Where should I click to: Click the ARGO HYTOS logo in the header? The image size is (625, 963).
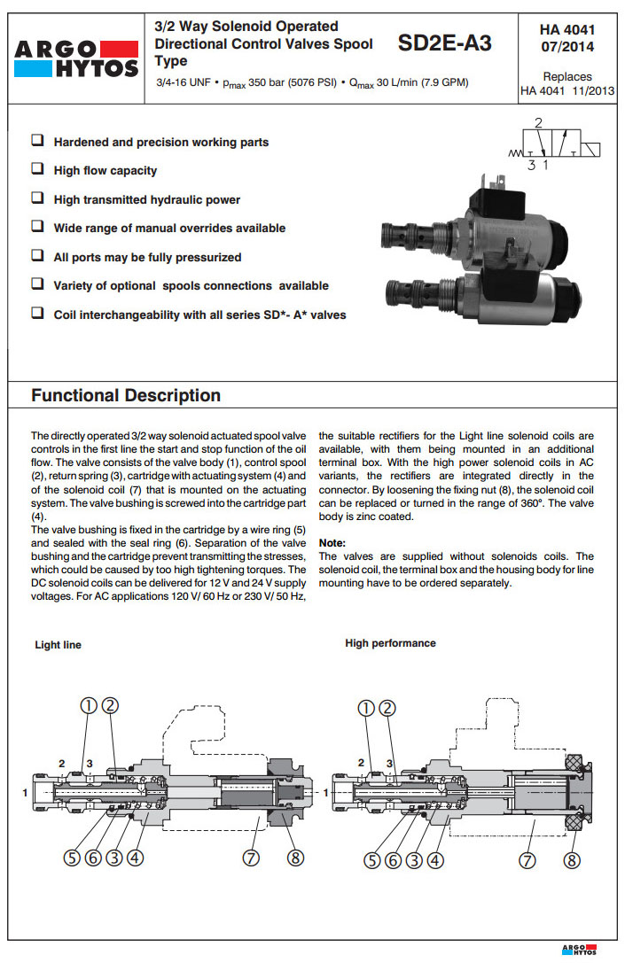click(74, 57)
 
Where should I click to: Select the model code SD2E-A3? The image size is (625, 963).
click(444, 43)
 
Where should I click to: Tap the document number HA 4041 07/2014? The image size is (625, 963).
click(567, 38)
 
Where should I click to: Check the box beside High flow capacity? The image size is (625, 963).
click(38, 169)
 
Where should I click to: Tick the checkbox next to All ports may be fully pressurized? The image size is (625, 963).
click(38, 256)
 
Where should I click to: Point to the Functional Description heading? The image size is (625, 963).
click(126, 395)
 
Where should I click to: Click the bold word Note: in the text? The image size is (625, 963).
click(332, 543)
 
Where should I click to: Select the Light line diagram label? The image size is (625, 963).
click(58, 645)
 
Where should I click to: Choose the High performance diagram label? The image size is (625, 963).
click(390, 643)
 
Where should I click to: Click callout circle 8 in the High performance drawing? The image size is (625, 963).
click(573, 858)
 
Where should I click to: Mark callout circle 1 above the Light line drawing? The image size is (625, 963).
click(88, 706)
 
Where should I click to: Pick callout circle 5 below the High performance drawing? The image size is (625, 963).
click(372, 858)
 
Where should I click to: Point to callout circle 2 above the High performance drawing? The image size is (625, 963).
click(387, 707)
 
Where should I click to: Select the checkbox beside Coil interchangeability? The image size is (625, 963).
click(38, 314)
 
